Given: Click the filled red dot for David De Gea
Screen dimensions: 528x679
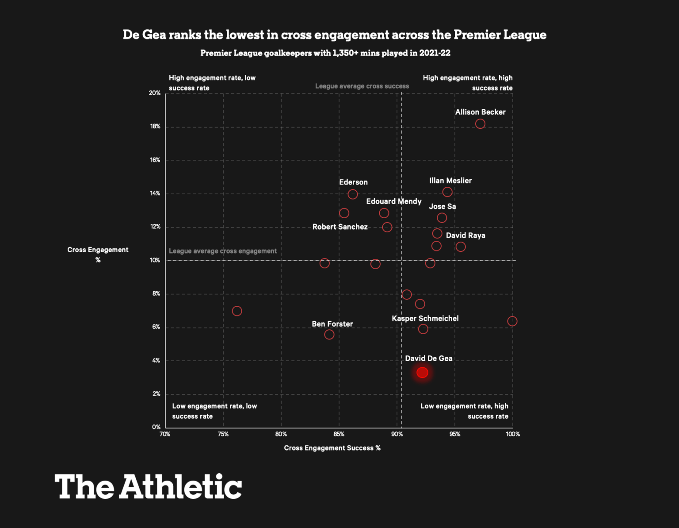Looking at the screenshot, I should point(422,373).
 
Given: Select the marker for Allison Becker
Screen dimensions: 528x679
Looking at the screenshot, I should point(480,124).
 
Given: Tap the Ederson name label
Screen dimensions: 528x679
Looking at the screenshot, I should point(353,182).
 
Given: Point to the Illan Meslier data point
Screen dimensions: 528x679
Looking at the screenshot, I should point(447,192).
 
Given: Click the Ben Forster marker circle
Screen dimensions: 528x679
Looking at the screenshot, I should point(329,335).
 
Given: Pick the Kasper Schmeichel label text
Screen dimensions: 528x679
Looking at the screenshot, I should point(425,319).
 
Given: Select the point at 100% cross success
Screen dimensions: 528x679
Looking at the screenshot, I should point(512,321).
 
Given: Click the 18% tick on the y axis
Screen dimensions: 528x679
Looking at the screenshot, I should point(155,127).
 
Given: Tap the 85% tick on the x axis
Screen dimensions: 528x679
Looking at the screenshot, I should point(339,434).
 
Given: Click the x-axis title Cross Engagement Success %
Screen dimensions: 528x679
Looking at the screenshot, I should point(332,448).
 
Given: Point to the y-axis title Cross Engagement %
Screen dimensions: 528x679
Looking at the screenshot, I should point(98,254).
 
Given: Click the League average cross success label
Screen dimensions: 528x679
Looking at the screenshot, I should point(362,86).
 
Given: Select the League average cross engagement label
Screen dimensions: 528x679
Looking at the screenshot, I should point(223,251).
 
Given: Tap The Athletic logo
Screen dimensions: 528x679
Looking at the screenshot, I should point(148,486).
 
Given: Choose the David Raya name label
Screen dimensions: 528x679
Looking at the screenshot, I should point(465,235).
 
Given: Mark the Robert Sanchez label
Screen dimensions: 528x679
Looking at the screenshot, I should point(340,227).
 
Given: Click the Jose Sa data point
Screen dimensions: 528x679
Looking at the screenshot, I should point(442,218).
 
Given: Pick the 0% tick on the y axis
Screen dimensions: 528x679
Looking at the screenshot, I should point(156,427).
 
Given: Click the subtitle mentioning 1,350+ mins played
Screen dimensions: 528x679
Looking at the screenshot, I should point(325,53).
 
